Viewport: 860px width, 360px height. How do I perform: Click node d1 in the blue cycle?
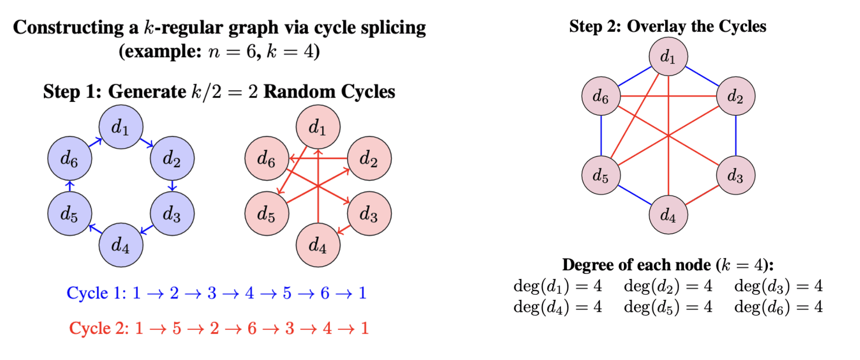pyautogui.click(x=121, y=127)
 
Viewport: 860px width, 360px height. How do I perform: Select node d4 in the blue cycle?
pyautogui.click(x=121, y=245)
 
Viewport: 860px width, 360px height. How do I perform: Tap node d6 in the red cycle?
pyautogui.click(x=267, y=158)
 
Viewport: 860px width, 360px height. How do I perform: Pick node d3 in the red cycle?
pyautogui.click(x=369, y=213)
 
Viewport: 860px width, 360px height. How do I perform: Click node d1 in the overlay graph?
pyautogui.click(x=668, y=56)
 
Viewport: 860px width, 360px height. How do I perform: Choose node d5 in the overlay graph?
pyautogui.click(x=601, y=175)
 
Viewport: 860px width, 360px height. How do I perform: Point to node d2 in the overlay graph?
pyautogui.click(x=735, y=96)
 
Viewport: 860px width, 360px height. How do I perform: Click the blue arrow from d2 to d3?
pyautogui.click(x=172, y=186)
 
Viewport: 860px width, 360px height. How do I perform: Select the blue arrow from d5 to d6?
pyautogui.click(x=70, y=186)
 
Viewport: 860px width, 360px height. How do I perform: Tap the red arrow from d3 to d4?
pyautogui.click(x=343, y=229)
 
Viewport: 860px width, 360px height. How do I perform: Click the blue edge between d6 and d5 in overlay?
pyautogui.click(x=601, y=136)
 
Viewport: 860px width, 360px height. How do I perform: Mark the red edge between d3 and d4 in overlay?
pyautogui.click(x=702, y=195)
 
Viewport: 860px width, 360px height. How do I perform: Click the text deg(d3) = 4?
pyautogui.click(x=778, y=286)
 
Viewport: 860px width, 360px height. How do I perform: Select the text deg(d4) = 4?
pyautogui.click(x=557, y=307)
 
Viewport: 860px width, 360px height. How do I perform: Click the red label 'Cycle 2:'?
pyautogui.click(x=99, y=328)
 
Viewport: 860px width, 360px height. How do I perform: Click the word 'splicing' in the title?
pyautogui.click(x=393, y=28)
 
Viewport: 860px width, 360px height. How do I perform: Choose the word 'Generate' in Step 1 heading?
pyautogui.click(x=147, y=92)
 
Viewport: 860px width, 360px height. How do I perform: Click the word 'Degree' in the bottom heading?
pyautogui.click(x=588, y=265)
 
